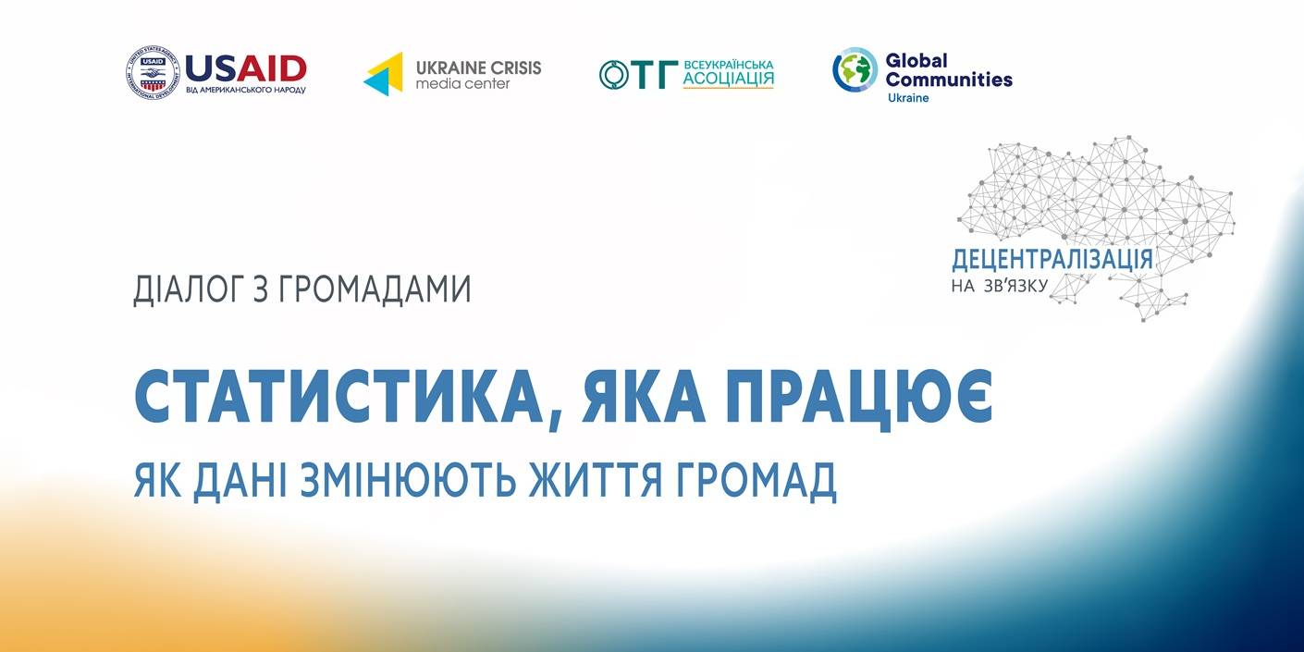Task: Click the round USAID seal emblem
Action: point(153,73)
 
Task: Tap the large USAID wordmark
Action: point(246,68)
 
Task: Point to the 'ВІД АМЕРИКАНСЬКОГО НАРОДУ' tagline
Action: point(246,91)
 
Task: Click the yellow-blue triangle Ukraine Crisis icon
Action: point(383,74)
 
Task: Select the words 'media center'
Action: point(462,84)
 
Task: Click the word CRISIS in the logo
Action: point(514,68)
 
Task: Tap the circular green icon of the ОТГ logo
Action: point(614,75)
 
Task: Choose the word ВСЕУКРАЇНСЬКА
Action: point(728,65)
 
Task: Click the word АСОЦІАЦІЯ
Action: point(728,79)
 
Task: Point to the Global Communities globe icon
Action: point(855,70)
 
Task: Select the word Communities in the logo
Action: point(949,80)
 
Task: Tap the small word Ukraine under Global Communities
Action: point(908,98)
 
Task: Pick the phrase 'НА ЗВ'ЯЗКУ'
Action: point(1000,286)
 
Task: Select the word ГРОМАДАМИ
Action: point(375,290)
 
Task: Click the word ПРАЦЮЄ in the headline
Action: point(859,399)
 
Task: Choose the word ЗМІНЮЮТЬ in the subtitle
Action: point(408,480)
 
